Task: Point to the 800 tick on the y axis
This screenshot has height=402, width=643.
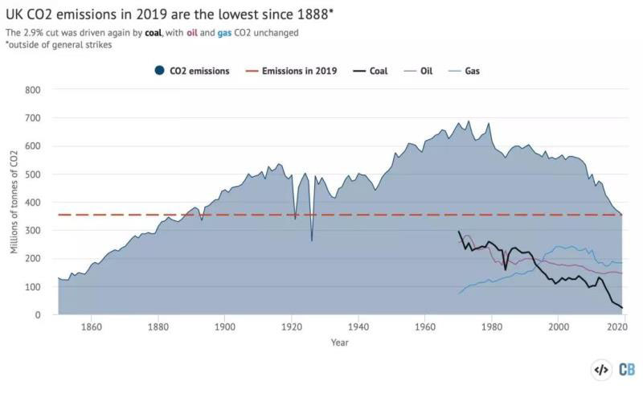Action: [33, 90]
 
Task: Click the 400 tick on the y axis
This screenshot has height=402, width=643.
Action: [33, 203]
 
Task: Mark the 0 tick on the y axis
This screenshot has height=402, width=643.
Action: [38, 315]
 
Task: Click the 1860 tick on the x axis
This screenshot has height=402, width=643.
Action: [91, 327]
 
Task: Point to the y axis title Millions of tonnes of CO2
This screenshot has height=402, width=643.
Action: [14, 202]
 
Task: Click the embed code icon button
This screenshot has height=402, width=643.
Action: [600, 369]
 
